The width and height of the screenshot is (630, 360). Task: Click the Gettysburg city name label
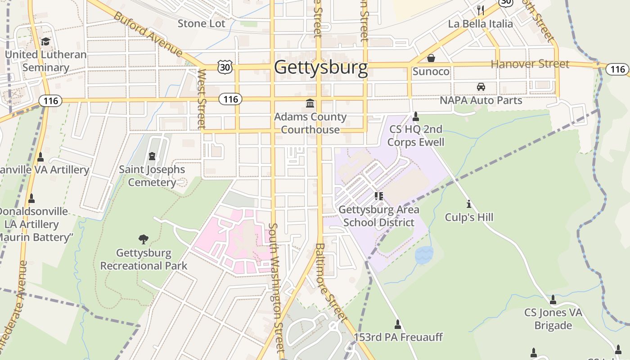click(321, 67)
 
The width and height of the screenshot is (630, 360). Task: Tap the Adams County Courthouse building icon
click(310, 104)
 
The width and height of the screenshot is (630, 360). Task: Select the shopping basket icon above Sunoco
click(431, 58)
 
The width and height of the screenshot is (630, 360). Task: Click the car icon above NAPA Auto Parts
click(481, 86)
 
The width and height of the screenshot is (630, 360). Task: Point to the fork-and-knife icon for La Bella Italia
click(481, 10)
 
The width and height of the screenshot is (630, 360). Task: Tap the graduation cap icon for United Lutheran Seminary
click(45, 42)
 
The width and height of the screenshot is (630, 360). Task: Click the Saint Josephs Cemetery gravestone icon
click(152, 156)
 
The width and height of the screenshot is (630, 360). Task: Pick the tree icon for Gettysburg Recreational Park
click(144, 239)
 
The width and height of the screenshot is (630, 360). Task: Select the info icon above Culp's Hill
click(469, 204)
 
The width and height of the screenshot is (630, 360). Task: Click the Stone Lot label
click(201, 23)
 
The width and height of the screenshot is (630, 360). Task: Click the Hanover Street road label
click(530, 64)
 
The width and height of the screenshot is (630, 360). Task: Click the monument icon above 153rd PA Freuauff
click(398, 324)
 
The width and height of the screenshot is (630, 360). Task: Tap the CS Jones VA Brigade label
click(553, 319)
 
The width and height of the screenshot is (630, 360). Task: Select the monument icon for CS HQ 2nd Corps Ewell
click(416, 117)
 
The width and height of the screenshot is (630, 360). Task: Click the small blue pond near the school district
click(424, 255)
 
